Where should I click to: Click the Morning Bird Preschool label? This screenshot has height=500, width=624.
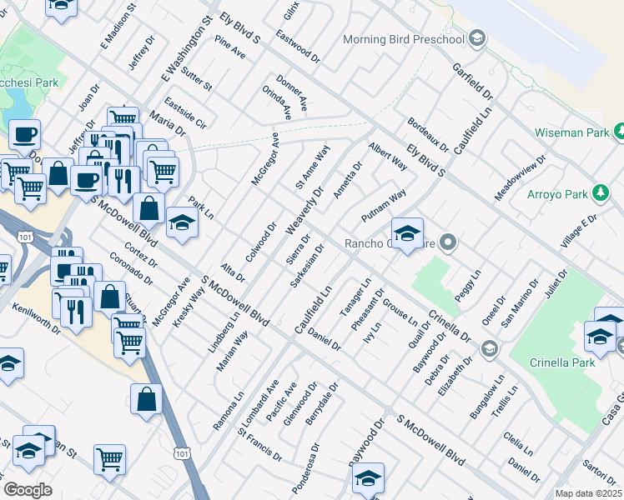405,38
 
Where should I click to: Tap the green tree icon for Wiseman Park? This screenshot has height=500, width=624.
620,131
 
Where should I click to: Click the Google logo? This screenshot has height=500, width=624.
28,489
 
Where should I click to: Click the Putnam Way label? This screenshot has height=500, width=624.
383,205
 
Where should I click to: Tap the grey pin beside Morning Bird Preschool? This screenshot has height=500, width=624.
477,37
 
